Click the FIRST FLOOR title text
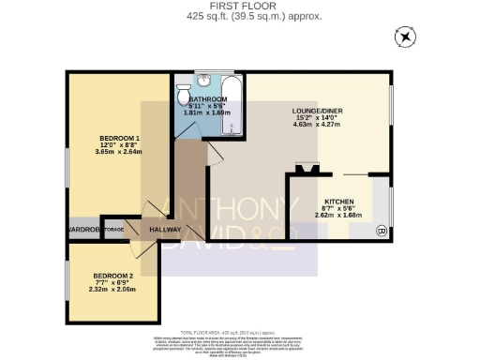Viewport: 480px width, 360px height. (x=239, y=6)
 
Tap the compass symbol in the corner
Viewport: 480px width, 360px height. (x=404, y=37)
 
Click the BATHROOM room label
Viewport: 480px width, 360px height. (x=208, y=99)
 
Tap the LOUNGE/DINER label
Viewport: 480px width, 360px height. (x=318, y=111)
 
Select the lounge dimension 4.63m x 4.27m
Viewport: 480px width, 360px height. (x=318, y=123)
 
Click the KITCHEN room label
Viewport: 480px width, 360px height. (x=337, y=202)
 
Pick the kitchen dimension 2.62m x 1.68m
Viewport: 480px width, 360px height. (x=337, y=214)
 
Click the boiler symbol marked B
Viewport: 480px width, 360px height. (x=381, y=230)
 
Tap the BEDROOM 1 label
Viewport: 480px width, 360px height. (x=119, y=140)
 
